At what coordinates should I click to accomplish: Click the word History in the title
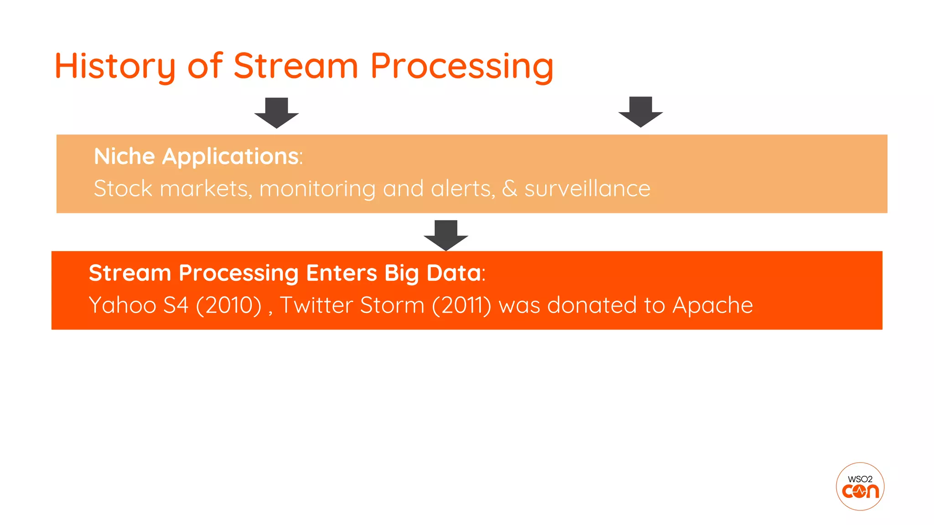point(115,67)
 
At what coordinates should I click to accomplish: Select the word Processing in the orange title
point(462,67)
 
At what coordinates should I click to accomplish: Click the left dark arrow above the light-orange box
point(276,113)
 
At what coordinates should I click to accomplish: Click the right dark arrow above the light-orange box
point(640,112)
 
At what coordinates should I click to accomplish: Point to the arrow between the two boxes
point(446,235)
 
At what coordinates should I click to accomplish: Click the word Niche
point(125,156)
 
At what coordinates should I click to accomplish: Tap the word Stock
point(123,188)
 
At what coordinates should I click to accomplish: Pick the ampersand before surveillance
point(509,188)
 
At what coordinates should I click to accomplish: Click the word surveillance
point(587,188)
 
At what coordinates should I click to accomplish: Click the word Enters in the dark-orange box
point(341,273)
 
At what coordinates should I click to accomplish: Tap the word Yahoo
point(123,305)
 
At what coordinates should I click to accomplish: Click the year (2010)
point(228,305)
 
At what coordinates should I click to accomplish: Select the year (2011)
point(461,305)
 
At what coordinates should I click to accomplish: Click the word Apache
point(712,305)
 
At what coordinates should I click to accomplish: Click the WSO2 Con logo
point(860,486)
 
